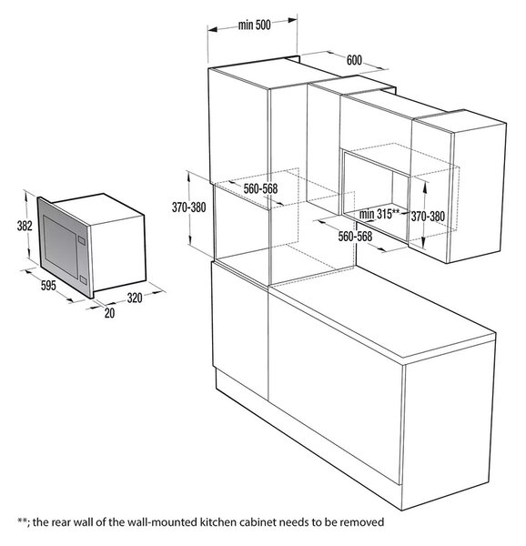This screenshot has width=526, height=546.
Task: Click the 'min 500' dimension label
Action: pos(255,25)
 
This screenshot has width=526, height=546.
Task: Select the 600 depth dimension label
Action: pos(354,60)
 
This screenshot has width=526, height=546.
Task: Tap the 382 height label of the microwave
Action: pos(25,226)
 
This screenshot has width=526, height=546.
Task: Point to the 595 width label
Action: pos(48,286)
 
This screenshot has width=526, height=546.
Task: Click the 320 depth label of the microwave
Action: pos(135,298)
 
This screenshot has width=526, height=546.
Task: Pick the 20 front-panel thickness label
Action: pos(109,313)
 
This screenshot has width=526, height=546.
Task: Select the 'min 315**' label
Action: pos(379,214)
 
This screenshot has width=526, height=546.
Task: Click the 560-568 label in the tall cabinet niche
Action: pos(260,188)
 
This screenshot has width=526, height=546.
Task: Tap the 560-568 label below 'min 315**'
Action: pos(355,237)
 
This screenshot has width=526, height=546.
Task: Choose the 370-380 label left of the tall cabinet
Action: pos(188,207)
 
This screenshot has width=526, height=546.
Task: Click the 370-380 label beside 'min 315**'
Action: pos(428,217)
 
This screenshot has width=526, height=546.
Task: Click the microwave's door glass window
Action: pos(60,247)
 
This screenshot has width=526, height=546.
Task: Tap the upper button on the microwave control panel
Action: pos(82,240)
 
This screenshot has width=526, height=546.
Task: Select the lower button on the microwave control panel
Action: pos(83,279)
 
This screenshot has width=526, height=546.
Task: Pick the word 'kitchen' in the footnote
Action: pos(217,522)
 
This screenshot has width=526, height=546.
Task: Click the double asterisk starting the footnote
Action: pos(22,521)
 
